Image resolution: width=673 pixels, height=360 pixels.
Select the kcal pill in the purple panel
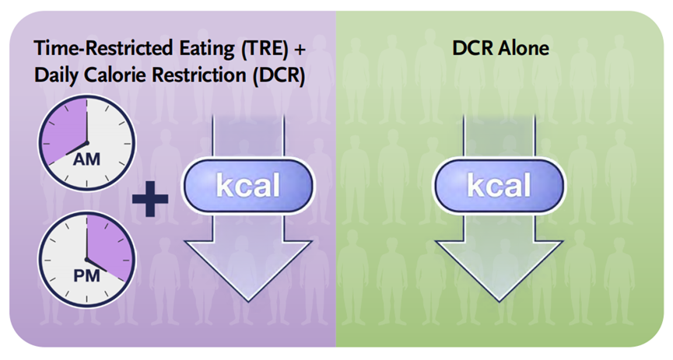pyautogui.click(x=247, y=187)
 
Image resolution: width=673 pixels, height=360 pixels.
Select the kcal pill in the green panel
pyautogui.click(x=499, y=187)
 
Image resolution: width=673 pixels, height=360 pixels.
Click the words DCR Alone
pyautogui.click(x=500, y=49)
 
